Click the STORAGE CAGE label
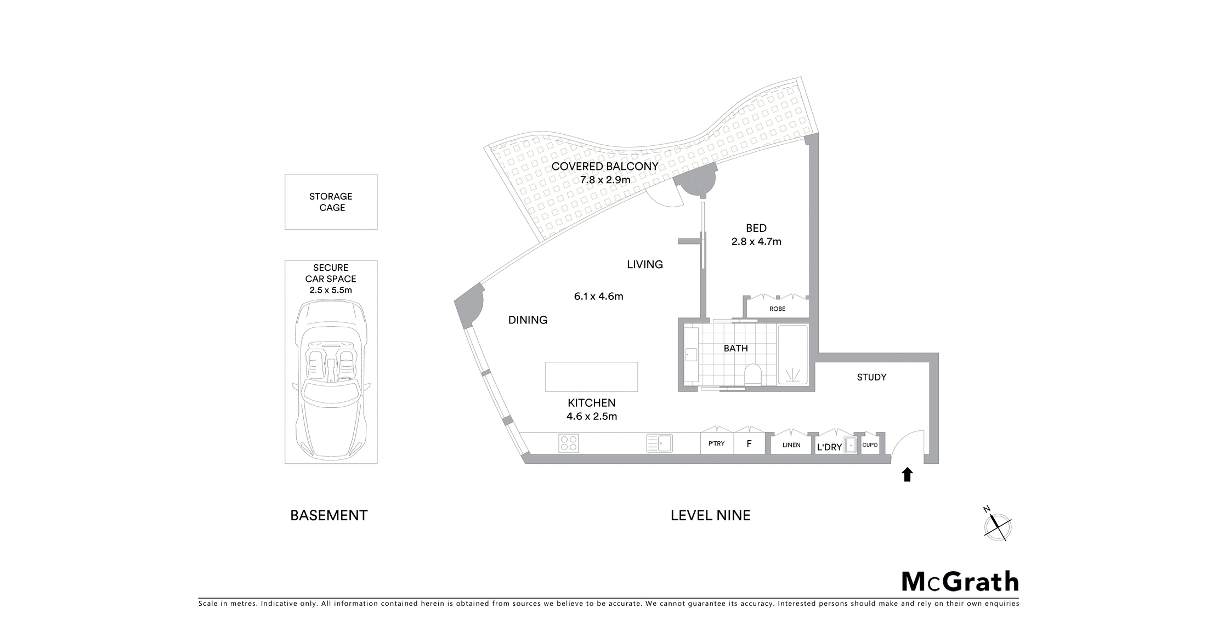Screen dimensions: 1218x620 (x=331, y=202)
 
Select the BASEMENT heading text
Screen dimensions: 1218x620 (x=329, y=515)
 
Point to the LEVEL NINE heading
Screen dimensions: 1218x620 (x=710, y=515)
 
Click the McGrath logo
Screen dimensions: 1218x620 (x=960, y=582)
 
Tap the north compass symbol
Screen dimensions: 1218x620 (x=998, y=526)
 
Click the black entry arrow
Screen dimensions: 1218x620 (x=907, y=474)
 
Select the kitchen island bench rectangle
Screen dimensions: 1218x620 (x=591, y=377)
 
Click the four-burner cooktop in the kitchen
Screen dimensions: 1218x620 (x=569, y=443)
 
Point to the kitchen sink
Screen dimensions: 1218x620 (x=659, y=443)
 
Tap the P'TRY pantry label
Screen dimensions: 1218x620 (x=716, y=443)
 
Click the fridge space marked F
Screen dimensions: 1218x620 (x=749, y=443)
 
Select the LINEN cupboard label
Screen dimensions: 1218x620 (x=791, y=445)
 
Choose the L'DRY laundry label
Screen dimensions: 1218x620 (x=829, y=447)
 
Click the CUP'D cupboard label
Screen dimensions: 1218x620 (x=870, y=445)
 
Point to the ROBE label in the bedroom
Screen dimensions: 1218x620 (x=777, y=309)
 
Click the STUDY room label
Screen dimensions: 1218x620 (x=871, y=377)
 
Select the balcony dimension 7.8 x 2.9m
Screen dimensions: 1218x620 (x=605, y=179)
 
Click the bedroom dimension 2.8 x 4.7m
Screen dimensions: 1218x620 (x=756, y=241)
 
